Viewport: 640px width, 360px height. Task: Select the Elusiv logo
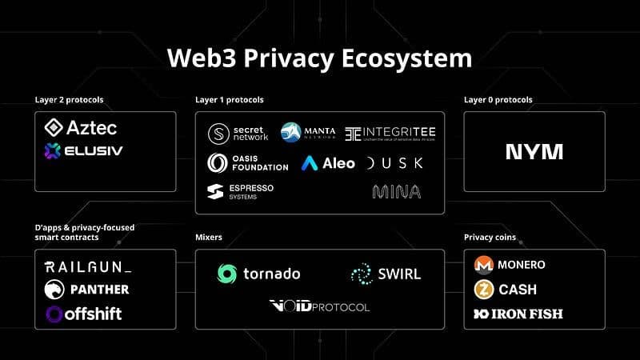click(84, 150)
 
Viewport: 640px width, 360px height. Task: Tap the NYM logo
click(534, 152)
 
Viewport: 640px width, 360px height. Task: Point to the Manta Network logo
click(307, 132)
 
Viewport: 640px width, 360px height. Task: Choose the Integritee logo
click(390, 133)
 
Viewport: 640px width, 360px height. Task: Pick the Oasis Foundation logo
click(247, 162)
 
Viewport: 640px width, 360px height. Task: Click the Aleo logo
click(329, 162)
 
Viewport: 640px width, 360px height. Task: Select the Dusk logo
click(394, 163)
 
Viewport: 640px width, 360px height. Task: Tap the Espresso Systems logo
click(240, 192)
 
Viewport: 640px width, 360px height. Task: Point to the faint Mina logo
click(396, 191)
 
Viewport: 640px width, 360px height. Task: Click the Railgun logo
click(88, 266)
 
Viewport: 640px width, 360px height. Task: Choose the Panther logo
click(86, 289)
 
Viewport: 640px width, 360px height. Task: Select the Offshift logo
click(84, 314)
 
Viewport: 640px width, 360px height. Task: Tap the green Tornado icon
click(227, 274)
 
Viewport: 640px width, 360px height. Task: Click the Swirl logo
click(386, 274)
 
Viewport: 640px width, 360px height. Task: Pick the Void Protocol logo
click(319, 306)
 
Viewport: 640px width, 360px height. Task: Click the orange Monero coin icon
click(483, 265)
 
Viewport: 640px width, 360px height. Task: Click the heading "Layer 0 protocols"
click(498, 100)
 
